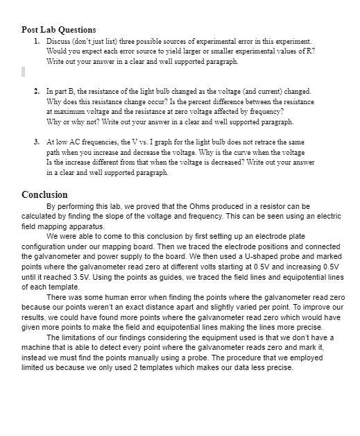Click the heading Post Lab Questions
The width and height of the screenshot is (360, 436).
click(59, 30)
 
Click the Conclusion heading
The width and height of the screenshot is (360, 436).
click(44, 195)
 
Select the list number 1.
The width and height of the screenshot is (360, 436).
click(36, 42)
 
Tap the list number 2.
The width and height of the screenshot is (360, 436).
click(36, 91)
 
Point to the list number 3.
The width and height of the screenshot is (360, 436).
click(36, 142)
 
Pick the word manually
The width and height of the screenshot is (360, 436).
click(161, 358)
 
